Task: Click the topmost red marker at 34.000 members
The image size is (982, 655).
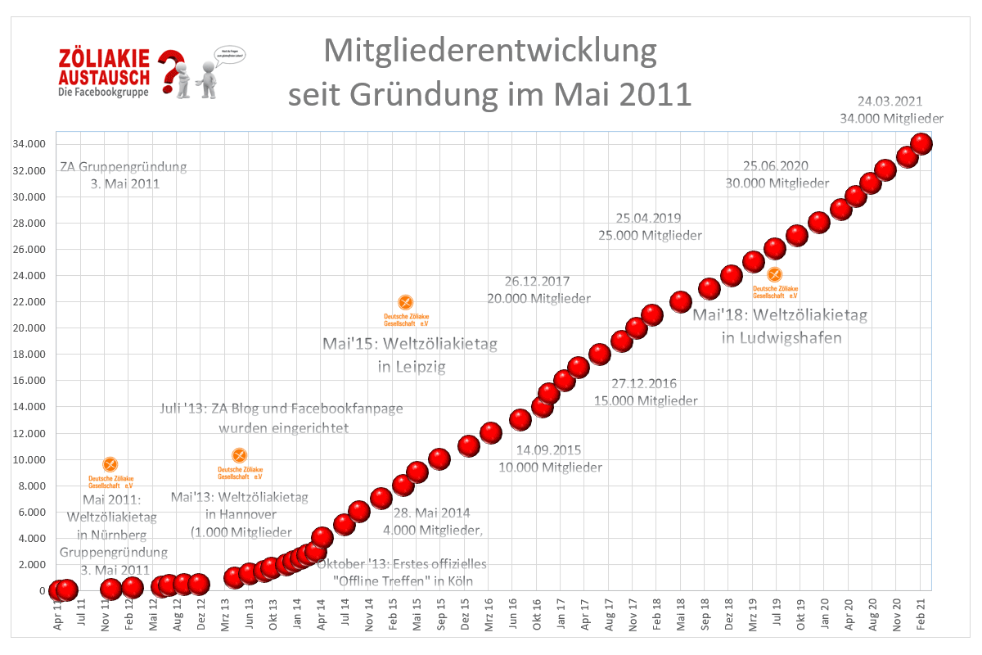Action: [921, 143]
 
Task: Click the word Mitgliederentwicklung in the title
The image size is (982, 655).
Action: [490, 51]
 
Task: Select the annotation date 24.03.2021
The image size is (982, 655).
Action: [890, 102]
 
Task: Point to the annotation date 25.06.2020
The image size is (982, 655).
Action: [777, 167]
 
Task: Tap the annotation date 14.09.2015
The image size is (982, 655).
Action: [549, 450]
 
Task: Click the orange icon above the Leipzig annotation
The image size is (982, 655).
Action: [405, 303]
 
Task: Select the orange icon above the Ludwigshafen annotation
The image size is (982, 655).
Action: [774, 274]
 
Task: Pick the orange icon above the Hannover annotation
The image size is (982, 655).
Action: [239, 455]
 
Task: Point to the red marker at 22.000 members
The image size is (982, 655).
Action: [681, 302]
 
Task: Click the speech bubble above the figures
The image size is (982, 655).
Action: [228, 54]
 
